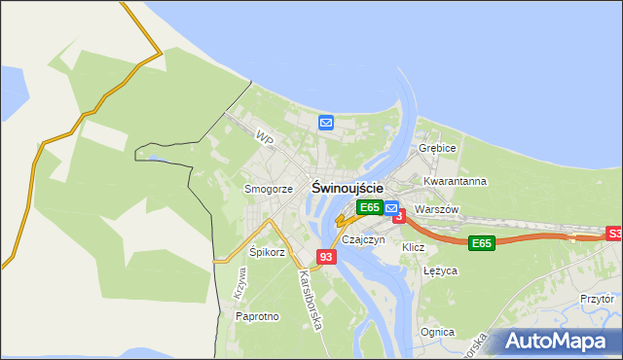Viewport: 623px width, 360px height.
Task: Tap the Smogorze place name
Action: (x=269, y=189)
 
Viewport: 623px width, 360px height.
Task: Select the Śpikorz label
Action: (x=267, y=252)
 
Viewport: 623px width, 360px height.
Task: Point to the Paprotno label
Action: (x=258, y=316)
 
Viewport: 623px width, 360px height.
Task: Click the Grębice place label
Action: (x=437, y=148)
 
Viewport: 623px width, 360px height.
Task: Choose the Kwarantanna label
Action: (x=456, y=181)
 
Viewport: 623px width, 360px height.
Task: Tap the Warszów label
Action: (x=435, y=209)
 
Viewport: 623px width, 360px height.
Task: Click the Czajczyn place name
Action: (x=364, y=239)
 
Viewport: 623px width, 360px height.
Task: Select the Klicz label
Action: (x=414, y=247)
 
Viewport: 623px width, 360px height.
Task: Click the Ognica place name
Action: (x=438, y=332)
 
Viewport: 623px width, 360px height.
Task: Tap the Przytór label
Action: (x=597, y=300)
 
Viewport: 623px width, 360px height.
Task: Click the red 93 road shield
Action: (x=326, y=257)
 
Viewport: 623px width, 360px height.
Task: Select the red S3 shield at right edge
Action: (x=614, y=234)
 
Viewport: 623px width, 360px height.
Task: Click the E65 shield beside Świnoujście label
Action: (x=369, y=207)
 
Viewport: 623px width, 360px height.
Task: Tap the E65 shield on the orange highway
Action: (x=481, y=242)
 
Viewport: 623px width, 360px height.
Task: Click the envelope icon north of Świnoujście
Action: (x=326, y=123)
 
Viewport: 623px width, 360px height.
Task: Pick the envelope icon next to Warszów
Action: (x=390, y=207)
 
